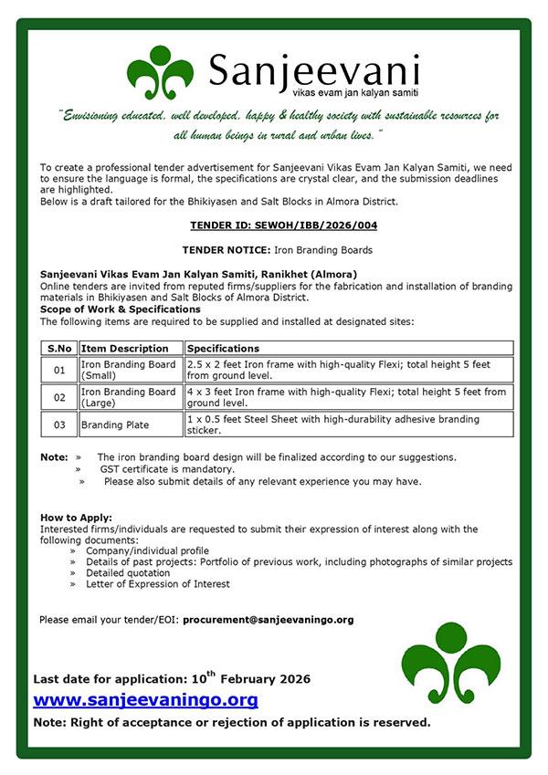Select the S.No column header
(x=58, y=349)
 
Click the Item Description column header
(x=125, y=349)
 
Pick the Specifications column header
(x=224, y=349)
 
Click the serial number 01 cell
(x=59, y=370)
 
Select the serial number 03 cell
(x=59, y=424)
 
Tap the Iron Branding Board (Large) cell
(x=129, y=397)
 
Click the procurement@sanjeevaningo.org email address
(x=268, y=619)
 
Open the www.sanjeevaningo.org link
(x=145, y=700)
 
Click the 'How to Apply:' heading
(x=77, y=518)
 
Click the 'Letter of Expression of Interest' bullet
(x=158, y=584)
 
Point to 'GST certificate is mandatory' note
(x=167, y=469)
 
